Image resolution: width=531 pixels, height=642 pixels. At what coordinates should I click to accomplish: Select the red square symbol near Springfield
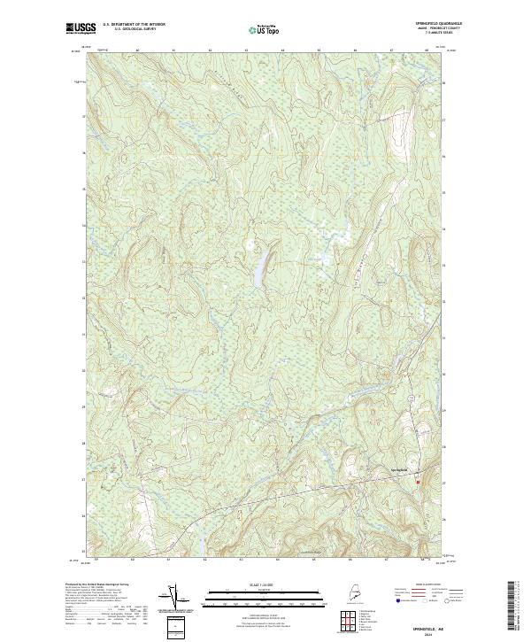point(419,483)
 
